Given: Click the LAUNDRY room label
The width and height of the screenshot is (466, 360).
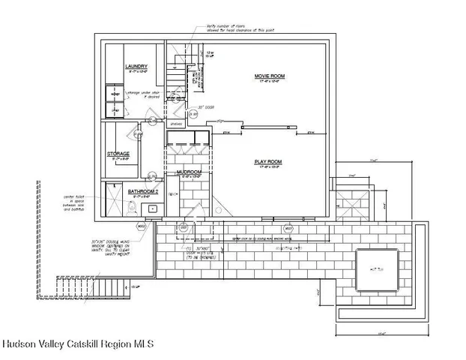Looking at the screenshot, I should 136,67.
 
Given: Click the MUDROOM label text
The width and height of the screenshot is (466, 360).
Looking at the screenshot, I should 189,172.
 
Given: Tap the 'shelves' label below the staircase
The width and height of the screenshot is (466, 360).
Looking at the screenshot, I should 177,124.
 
